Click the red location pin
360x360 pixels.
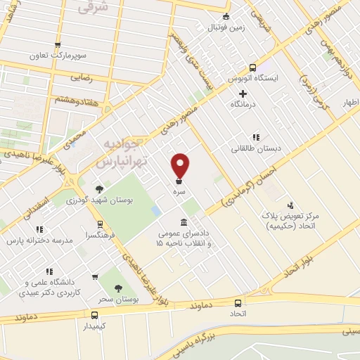coord(181,165)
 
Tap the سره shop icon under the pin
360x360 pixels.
coord(181,182)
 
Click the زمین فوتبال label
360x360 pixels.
coord(226,28)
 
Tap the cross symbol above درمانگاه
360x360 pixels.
coord(243,94)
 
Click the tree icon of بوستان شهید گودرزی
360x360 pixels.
coord(99,188)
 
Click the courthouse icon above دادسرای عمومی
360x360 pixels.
coord(184,222)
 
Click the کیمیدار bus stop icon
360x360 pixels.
coord(94,315)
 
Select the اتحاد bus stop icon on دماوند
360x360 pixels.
coord(238,302)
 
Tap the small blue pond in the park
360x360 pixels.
coord(155,211)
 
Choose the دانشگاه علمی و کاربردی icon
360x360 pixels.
coord(49,271)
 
